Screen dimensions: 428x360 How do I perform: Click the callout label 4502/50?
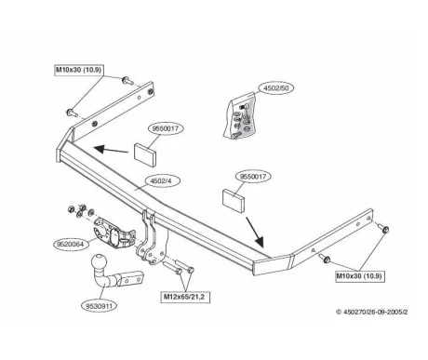pos(275,88)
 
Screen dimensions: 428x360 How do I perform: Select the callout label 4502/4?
pos(160,180)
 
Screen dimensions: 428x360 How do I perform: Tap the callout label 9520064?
pos(71,244)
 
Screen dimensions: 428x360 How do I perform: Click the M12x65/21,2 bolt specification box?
pos(184,297)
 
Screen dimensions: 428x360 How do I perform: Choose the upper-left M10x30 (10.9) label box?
pos(79,70)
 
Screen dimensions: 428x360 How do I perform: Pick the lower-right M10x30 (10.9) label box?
pos(360,275)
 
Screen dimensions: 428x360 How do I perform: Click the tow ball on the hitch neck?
pos(99,263)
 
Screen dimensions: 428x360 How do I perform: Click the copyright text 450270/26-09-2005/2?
pos(371,312)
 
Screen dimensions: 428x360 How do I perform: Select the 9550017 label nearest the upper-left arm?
pos(167,128)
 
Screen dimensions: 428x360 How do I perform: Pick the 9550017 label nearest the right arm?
pos(253,177)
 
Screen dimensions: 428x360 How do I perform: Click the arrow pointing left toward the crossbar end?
pos(111,150)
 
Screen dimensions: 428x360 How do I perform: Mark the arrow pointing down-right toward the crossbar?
pos(255,233)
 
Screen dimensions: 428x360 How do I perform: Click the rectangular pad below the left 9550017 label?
pos(145,153)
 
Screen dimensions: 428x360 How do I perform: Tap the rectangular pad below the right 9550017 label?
pos(234,201)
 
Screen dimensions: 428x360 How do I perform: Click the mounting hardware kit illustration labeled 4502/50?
pos(241,117)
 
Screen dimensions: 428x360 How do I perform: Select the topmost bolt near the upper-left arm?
pos(127,81)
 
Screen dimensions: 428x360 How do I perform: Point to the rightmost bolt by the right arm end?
pos(383,229)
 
